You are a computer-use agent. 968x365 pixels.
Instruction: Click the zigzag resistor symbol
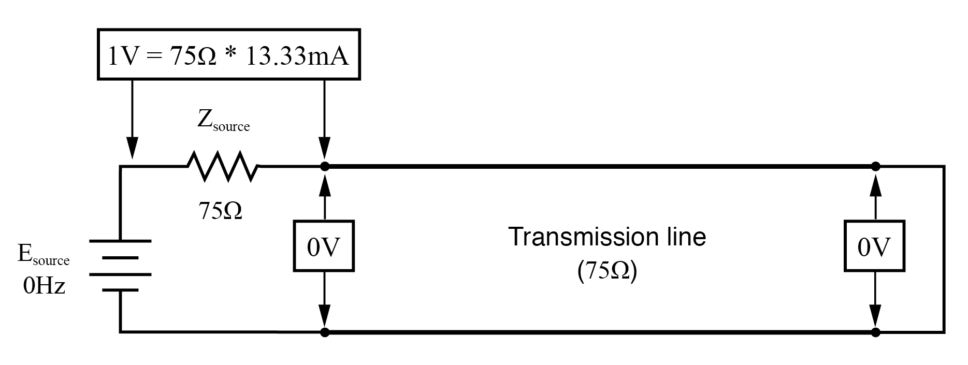click(223, 166)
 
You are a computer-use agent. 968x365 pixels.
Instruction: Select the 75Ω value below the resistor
click(220, 210)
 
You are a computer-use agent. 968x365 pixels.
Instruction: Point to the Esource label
click(43, 255)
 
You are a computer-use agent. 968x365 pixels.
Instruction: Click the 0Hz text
click(44, 286)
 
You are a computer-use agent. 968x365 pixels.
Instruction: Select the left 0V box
click(324, 246)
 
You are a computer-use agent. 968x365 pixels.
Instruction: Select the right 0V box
click(875, 246)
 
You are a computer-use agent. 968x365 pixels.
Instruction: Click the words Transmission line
click(607, 237)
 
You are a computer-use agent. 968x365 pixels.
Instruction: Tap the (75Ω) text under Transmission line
click(607, 270)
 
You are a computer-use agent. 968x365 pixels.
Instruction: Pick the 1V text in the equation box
click(123, 56)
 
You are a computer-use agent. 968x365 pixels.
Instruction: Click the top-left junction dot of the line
click(325, 166)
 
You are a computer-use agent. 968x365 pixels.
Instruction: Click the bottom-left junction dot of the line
click(325, 332)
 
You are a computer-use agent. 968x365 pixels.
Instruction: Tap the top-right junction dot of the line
click(875, 166)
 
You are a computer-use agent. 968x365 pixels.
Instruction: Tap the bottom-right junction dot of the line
click(875, 332)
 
